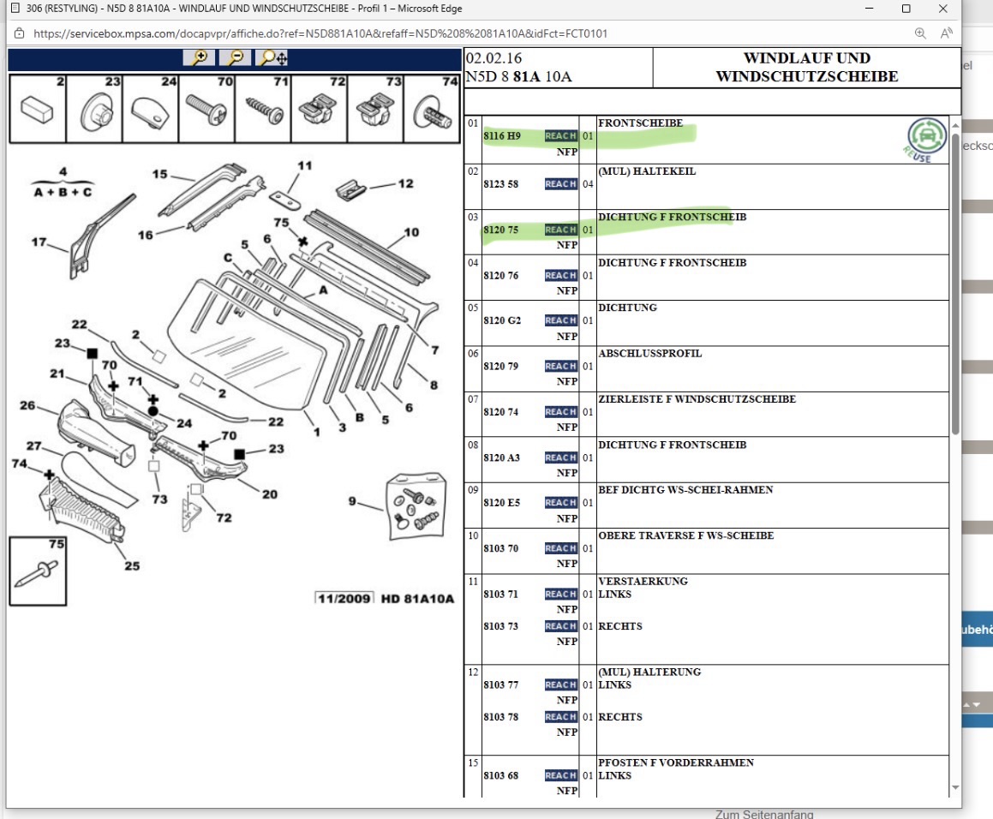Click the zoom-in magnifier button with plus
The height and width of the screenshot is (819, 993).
[199, 58]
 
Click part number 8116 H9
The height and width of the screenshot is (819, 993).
[501, 136]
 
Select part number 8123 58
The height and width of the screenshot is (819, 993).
[500, 184]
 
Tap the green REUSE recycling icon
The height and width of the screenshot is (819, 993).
[926, 138]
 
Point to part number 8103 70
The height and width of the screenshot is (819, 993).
[500, 548]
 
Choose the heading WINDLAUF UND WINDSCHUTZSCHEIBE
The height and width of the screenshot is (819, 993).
[806, 68]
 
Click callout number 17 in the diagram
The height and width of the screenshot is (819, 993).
[39, 242]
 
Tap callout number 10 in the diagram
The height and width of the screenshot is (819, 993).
[411, 232]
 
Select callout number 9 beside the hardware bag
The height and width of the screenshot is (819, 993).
[351, 501]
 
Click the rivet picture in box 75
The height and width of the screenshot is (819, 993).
[36, 571]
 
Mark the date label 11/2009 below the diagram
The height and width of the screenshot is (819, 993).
[344, 598]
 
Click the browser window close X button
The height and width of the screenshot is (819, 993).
[943, 9]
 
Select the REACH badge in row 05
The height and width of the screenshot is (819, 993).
[560, 320]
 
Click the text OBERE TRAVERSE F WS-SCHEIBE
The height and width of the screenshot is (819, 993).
[685, 536]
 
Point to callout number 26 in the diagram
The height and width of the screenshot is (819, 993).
[27, 405]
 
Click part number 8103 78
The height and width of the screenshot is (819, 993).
[500, 717]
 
